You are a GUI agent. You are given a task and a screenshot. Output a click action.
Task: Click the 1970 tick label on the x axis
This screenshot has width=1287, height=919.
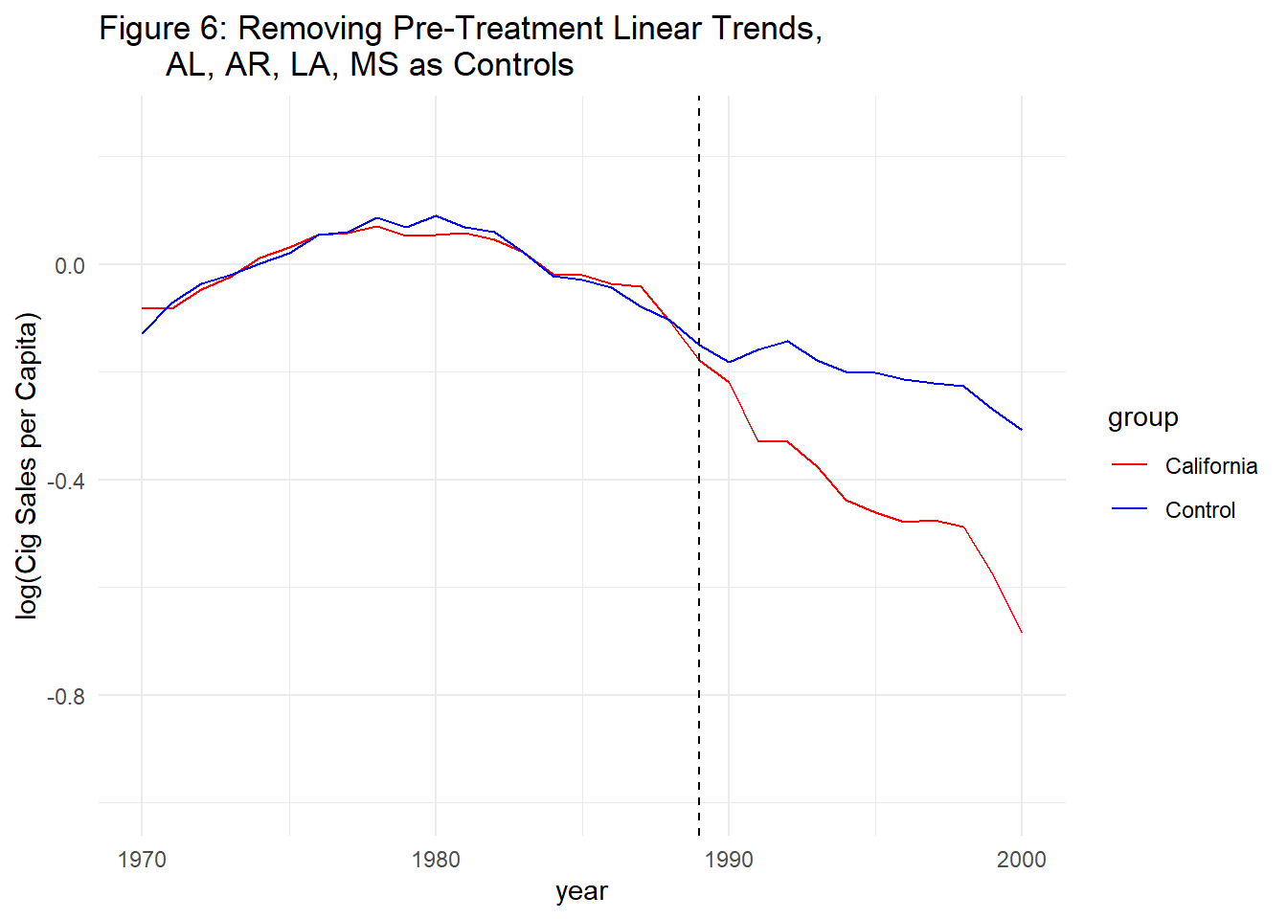click(142, 860)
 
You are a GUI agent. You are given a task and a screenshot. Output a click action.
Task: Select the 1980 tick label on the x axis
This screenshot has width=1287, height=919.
click(436, 860)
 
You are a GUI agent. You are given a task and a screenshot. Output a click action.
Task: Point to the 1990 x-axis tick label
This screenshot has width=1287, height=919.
click(729, 860)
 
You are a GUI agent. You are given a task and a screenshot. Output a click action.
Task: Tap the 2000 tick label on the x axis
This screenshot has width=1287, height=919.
click(1022, 860)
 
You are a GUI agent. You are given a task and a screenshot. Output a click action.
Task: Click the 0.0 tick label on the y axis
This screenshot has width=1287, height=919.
click(69, 266)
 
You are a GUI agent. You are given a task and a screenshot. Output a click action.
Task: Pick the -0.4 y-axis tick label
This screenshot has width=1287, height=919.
click(65, 481)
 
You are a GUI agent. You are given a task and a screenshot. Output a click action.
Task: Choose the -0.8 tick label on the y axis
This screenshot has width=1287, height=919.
click(65, 696)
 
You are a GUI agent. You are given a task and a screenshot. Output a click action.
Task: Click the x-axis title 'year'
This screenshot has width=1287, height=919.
click(581, 891)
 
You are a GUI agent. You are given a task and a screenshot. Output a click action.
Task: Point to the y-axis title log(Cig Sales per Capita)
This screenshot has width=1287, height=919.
click(28, 466)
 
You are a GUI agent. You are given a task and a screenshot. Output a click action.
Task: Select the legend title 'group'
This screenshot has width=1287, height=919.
click(1142, 418)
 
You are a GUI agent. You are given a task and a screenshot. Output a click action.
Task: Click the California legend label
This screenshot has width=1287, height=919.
click(1210, 466)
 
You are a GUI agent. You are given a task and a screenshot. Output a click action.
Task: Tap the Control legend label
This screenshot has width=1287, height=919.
click(1200, 510)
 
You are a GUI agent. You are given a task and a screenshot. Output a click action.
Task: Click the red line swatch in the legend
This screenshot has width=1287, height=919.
click(1130, 465)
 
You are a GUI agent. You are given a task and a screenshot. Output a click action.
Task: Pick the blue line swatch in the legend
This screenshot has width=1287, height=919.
click(1130, 509)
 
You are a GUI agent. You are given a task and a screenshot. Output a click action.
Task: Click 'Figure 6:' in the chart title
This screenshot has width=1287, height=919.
click(163, 29)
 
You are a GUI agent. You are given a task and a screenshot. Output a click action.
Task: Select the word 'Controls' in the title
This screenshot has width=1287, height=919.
click(513, 65)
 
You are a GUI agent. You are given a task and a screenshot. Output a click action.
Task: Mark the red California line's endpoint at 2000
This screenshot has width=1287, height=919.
click(1022, 632)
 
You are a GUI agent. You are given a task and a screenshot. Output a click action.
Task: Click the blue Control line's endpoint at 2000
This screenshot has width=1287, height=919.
click(1022, 430)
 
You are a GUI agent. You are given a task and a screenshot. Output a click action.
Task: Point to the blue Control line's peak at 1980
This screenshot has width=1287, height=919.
click(436, 216)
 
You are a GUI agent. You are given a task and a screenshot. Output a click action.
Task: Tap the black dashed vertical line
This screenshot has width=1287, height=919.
click(699, 574)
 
